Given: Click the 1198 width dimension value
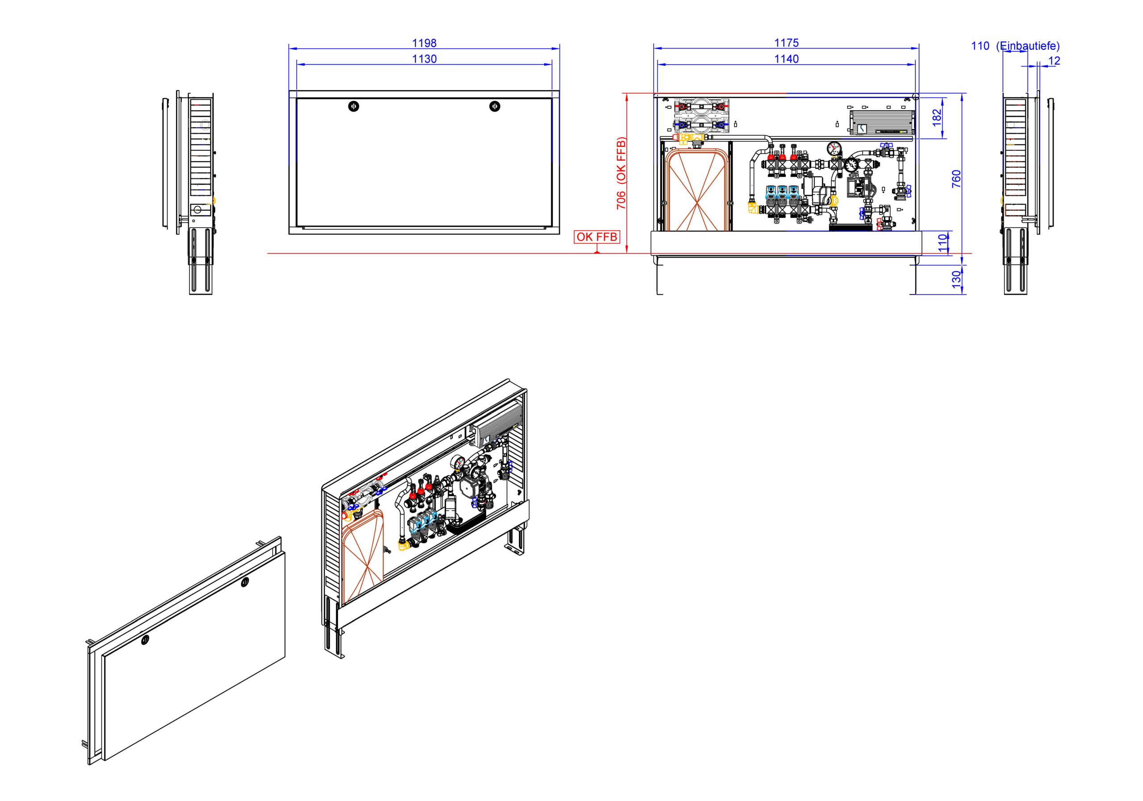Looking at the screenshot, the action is pyautogui.click(x=424, y=43).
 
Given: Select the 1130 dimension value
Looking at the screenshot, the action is pyautogui.click(x=424, y=59).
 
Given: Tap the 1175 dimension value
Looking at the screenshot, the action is pyautogui.click(x=786, y=43).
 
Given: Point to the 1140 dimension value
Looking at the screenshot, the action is pyautogui.click(x=786, y=59).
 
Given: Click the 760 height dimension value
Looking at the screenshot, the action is pyautogui.click(x=956, y=178).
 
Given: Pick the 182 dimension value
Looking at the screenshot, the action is pyautogui.click(x=937, y=117).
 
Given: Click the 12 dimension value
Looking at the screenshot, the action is pyautogui.click(x=1054, y=61).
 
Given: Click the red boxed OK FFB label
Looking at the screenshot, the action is pyautogui.click(x=597, y=237).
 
